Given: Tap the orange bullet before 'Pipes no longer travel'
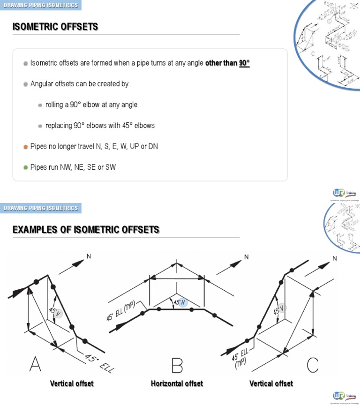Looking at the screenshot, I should tap(25, 147).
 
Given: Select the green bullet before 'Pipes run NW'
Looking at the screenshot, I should tap(25, 167).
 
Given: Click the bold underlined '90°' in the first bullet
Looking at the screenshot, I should tap(244, 63).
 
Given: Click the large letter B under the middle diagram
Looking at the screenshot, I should tap(177, 364).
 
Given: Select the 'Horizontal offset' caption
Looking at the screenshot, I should tap(177, 383).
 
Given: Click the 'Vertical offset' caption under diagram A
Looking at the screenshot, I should tap(72, 383).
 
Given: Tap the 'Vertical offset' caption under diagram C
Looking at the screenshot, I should tap(271, 383).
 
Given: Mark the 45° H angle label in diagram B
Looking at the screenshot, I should tap(180, 303).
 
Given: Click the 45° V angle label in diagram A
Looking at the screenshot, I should tap(55, 312).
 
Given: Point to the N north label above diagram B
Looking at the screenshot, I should tap(246, 257).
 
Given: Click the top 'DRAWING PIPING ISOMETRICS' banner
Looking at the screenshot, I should tap(41, 5).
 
